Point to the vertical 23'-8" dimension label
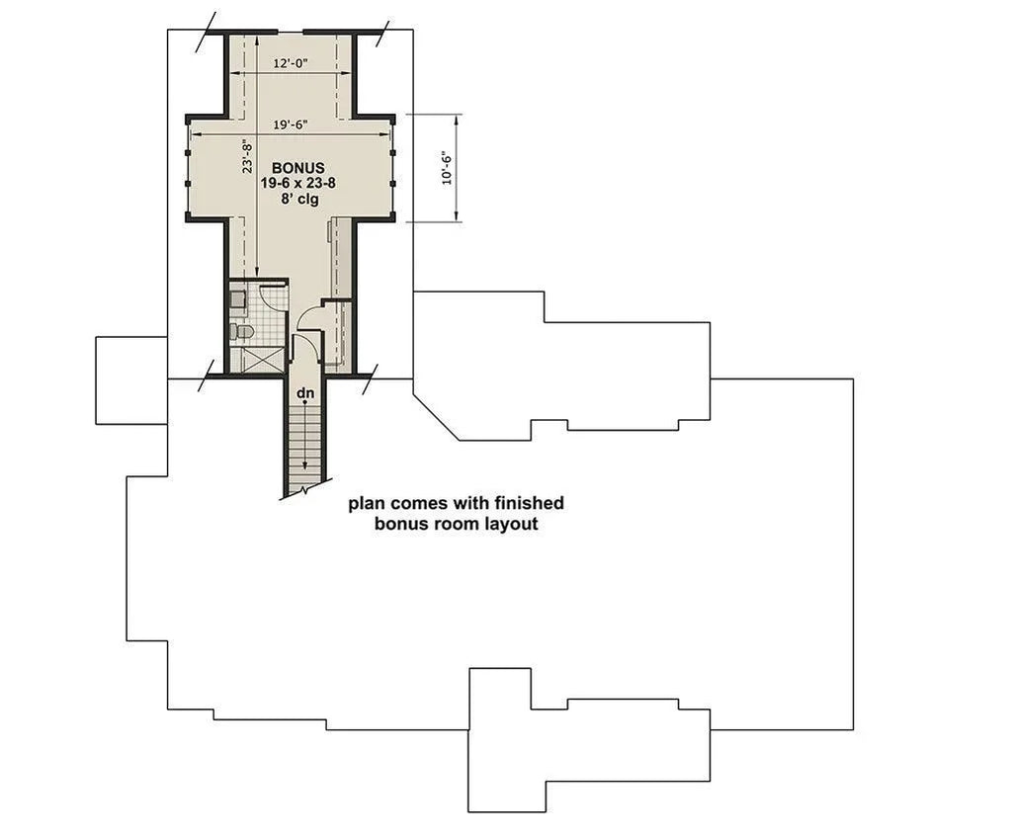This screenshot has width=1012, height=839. (x=248, y=157)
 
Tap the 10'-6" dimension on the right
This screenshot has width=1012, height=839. (x=447, y=168)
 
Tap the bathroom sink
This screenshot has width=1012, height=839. (x=238, y=297)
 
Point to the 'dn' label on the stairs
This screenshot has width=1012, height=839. (x=305, y=393)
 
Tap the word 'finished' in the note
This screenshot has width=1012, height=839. (x=529, y=503)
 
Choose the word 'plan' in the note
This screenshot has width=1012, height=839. (x=366, y=504)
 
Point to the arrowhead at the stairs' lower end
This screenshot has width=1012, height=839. (x=305, y=466)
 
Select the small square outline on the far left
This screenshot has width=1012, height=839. (x=131, y=380)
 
